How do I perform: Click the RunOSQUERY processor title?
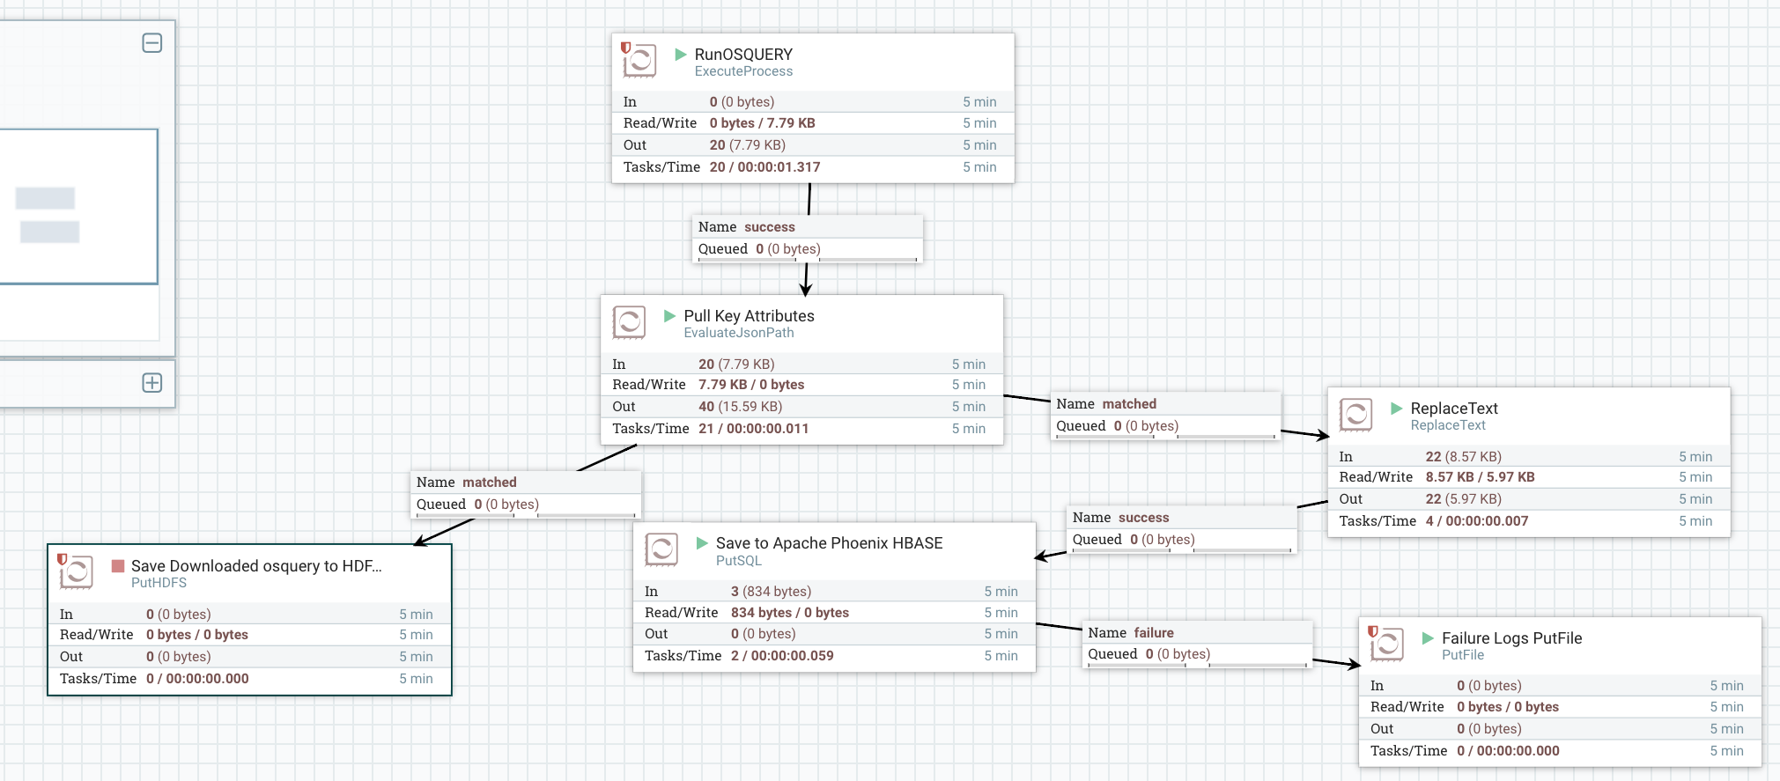(x=743, y=55)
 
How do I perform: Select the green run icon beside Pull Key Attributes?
(x=669, y=316)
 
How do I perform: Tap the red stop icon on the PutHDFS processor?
(x=118, y=566)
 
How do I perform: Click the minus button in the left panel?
(x=152, y=43)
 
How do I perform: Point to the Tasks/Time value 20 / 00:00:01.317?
(x=764, y=167)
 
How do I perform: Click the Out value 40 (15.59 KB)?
(x=740, y=407)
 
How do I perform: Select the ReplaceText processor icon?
(x=1355, y=415)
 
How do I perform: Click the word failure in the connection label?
(x=1154, y=633)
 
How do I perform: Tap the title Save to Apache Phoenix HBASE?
(x=829, y=543)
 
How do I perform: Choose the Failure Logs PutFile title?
(x=1511, y=638)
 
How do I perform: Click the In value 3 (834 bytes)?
(x=771, y=592)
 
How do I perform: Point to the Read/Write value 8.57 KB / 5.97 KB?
(x=1480, y=477)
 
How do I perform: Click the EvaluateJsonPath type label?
(x=738, y=333)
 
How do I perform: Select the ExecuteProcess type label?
(x=743, y=71)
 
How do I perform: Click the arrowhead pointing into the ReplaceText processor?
(x=1323, y=436)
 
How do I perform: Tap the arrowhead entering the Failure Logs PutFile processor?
(x=1354, y=665)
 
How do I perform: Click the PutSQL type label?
(x=738, y=561)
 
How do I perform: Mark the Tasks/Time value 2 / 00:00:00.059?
(x=782, y=656)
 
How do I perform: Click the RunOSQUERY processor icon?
(x=639, y=61)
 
